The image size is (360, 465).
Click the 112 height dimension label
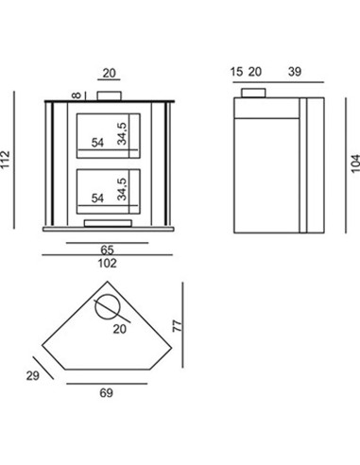(6, 160)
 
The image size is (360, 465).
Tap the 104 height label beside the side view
(355, 164)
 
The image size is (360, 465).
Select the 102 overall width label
(107, 263)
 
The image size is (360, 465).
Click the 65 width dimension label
(107, 250)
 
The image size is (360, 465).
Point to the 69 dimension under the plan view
(106, 393)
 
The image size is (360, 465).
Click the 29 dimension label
(33, 376)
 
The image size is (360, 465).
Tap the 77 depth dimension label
(178, 326)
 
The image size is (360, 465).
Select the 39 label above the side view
(295, 72)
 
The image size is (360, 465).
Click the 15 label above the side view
(236, 72)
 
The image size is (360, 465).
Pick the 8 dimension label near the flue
(77, 95)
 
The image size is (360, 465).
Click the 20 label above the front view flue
(110, 73)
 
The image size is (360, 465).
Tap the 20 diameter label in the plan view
(120, 329)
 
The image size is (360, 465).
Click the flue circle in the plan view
(108, 295)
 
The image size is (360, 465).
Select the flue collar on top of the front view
(109, 95)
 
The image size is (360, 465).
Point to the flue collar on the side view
(253, 93)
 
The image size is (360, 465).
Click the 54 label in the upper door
(97, 143)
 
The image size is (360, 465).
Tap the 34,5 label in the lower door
(122, 189)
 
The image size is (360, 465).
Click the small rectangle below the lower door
(108, 223)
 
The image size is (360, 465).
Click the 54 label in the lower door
(97, 198)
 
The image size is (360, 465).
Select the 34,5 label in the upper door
(122, 133)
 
